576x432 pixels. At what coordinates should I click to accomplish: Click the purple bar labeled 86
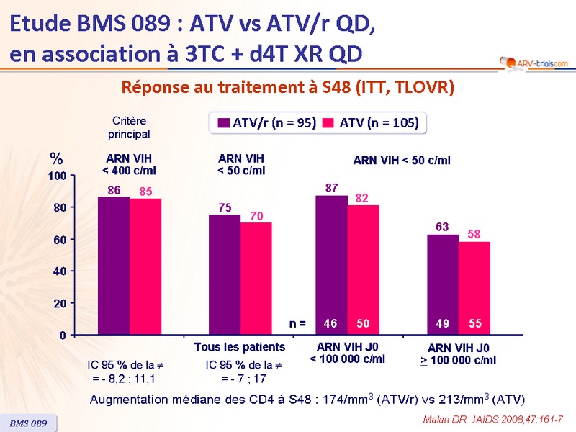click(x=114, y=266)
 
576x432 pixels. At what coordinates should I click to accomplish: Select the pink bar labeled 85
click(x=145, y=266)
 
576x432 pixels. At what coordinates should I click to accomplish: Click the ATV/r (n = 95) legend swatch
click(x=223, y=123)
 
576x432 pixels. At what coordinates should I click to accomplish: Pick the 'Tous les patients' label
click(x=240, y=347)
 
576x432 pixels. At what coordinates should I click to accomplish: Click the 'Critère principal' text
click(x=129, y=127)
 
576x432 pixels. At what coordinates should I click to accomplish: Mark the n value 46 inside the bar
click(x=331, y=324)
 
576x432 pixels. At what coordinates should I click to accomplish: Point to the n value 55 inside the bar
click(x=475, y=324)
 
